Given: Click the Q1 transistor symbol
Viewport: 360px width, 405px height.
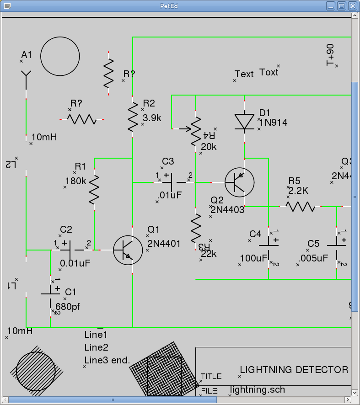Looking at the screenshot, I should click(128, 250).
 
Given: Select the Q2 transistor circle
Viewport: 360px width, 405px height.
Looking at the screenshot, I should click(240, 182).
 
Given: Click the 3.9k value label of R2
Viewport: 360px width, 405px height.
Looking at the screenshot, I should click(152, 118).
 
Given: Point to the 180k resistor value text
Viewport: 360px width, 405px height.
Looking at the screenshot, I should click(75, 181).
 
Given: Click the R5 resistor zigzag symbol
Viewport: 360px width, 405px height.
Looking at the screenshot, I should click(301, 207).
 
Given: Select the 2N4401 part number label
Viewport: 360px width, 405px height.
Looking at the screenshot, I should click(164, 244).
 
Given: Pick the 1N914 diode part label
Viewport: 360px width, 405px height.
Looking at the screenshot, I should click(274, 122).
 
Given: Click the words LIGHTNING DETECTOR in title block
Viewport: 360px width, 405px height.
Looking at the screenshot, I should click(294, 370).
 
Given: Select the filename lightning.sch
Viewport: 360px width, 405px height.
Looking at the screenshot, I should click(258, 389).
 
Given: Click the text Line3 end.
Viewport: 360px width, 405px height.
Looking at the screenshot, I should click(107, 360).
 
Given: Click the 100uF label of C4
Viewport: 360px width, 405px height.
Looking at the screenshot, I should click(253, 258).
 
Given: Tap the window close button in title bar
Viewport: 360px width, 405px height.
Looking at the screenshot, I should click(352, 6).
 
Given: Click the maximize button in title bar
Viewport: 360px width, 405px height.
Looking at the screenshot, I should click(342, 6).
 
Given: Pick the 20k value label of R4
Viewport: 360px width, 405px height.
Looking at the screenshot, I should click(209, 147).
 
